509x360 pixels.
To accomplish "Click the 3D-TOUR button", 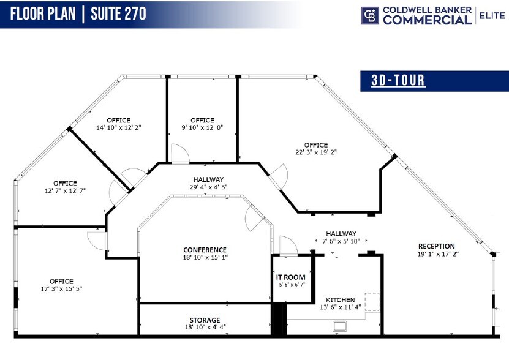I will tap(398, 80).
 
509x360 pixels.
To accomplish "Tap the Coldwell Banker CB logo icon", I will tap(369, 15).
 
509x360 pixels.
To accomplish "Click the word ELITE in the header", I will tap(492, 15).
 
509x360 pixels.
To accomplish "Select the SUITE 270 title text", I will tap(118, 13).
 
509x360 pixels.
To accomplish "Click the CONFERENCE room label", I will tap(205, 250).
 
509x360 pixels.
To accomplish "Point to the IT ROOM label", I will tap(290, 277).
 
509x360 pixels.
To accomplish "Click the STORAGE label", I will tap(205, 320).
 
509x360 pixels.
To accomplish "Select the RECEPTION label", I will tap(436, 246).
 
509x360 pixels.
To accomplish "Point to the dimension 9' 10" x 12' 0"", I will tap(202, 128).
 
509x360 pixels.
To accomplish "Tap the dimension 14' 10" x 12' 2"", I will tap(119, 128).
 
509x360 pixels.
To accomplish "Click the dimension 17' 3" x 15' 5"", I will tap(61, 290).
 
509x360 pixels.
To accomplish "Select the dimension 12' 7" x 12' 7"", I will tap(64, 190).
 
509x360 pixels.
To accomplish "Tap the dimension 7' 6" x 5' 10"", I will tap(341, 241).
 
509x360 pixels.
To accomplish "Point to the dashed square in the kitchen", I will tap(372, 302).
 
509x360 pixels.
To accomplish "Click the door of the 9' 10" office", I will tap(179, 154).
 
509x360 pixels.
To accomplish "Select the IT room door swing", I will tap(288, 245).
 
